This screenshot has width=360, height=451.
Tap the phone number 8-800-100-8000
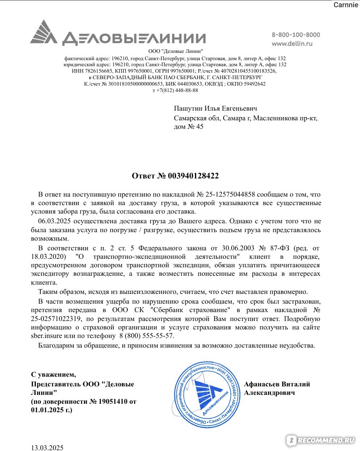coord(295,35)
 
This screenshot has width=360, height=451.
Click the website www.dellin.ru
coord(292,43)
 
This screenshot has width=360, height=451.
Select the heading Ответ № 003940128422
coord(175,176)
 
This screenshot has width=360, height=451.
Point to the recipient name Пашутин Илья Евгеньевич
coord(215,109)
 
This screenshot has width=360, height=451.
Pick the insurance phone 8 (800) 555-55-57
coord(147,336)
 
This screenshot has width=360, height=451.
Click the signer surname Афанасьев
coord(264,384)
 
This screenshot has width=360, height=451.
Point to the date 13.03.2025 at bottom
coord(48,447)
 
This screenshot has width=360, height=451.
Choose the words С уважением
coord(53,374)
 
